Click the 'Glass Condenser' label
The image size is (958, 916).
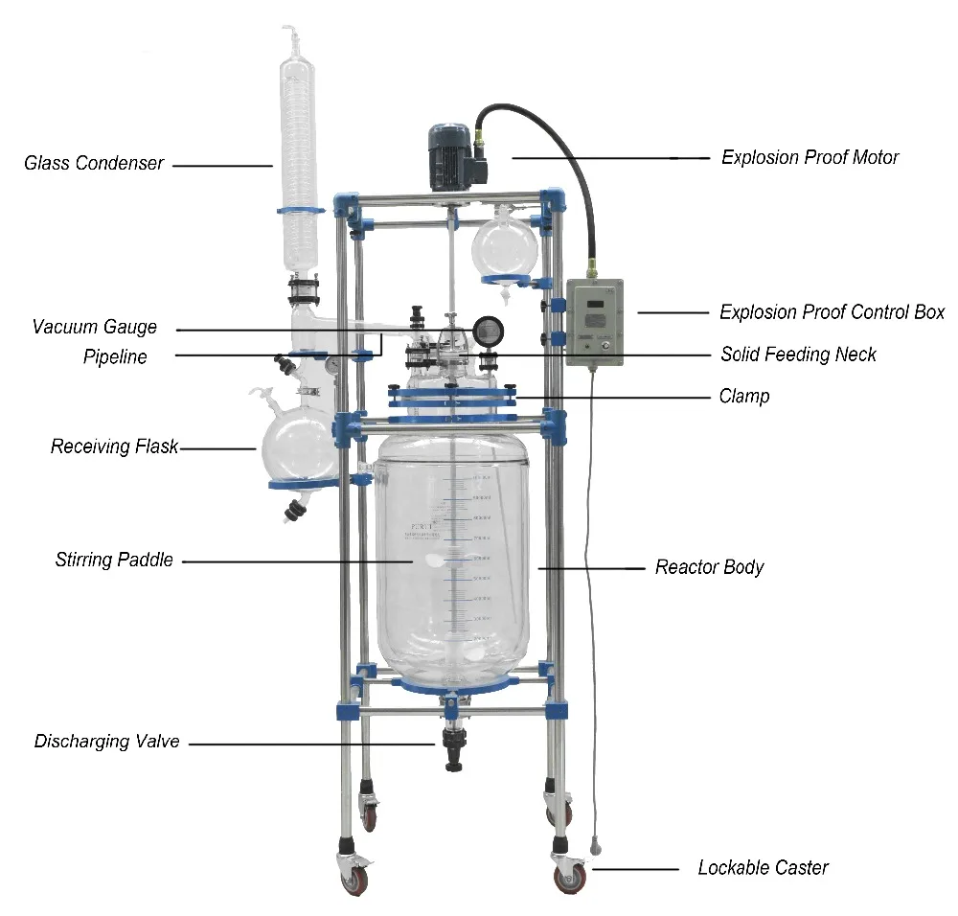tap(93, 164)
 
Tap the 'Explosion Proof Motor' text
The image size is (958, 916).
tap(810, 157)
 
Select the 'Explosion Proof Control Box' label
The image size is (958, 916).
tap(832, 312)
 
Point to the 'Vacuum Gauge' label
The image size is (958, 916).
tap(94, 327)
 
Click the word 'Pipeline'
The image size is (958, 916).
tap(115, 356)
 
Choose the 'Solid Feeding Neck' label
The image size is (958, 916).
tap(798, 355)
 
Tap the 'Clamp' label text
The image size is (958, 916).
tap(743, 396)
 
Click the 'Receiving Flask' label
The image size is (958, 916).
tap(114, 447)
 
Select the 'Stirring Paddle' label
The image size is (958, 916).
tap(114, 560)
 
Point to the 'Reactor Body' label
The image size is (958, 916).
tap(709, 567)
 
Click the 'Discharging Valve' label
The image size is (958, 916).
tap(106, 742)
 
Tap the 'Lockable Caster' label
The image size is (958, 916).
tap(763, 868)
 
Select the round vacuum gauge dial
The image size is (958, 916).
tap(487, 331)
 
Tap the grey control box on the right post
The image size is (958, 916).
tap(594, 323)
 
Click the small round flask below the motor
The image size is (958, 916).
tap(504, 246)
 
